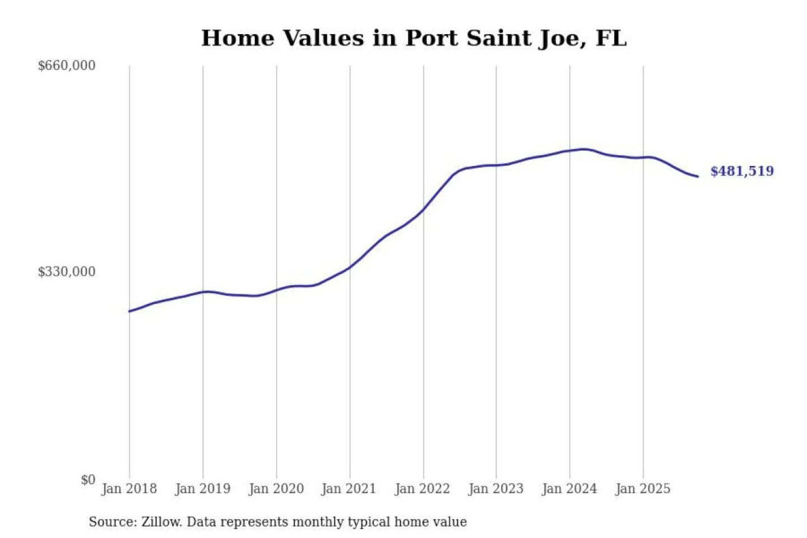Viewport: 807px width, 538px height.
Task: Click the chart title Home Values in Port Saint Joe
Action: (414, 38)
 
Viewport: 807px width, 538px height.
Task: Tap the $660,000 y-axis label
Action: (67, 66)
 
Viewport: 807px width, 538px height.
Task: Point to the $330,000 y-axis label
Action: (67, 272)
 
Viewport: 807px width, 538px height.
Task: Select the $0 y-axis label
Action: (88, 480)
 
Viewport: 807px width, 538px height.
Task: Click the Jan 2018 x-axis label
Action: (129, 489)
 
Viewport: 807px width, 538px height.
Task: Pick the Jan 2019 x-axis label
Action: (202, 489)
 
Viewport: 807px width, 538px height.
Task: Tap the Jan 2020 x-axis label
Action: (276, 489)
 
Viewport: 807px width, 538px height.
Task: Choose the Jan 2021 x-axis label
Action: (349, 489)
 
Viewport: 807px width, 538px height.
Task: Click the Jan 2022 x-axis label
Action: (422, 489)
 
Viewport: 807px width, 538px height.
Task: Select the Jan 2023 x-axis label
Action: (495, 489)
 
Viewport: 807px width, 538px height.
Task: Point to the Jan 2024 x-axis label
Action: (569, 489)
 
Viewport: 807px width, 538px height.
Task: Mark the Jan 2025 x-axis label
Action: (642, 489)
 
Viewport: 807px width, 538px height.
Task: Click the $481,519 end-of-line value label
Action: (742, 171)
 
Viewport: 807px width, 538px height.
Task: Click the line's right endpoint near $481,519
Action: (698, 177)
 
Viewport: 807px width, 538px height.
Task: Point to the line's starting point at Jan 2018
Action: (129, 311)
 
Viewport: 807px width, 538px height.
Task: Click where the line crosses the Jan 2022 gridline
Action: (424, 209)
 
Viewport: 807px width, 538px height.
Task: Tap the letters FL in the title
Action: (611, 38)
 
